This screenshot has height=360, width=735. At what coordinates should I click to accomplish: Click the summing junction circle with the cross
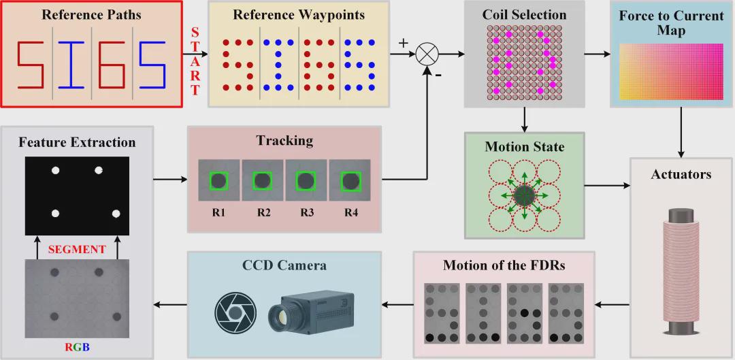coord(429,52)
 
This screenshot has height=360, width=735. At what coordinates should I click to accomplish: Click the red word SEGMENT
coord(77,249)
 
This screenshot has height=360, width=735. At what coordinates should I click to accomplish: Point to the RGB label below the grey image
coord(77,348)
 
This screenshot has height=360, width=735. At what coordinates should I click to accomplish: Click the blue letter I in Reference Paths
coord(71,66)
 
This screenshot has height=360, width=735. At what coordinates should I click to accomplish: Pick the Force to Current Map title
coord(671,23)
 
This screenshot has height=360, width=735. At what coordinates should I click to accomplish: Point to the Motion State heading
coord(524,146)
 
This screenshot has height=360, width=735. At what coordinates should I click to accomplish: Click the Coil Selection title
coord(524,14)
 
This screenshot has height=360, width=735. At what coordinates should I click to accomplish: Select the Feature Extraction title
coord(77,142)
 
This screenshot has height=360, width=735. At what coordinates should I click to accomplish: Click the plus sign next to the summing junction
coord(403,42)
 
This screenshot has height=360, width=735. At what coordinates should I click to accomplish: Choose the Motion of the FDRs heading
coord(503,265)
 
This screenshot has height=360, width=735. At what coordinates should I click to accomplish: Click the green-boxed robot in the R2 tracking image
coord(263,180)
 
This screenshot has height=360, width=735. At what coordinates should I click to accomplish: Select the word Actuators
coord(681,174)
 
